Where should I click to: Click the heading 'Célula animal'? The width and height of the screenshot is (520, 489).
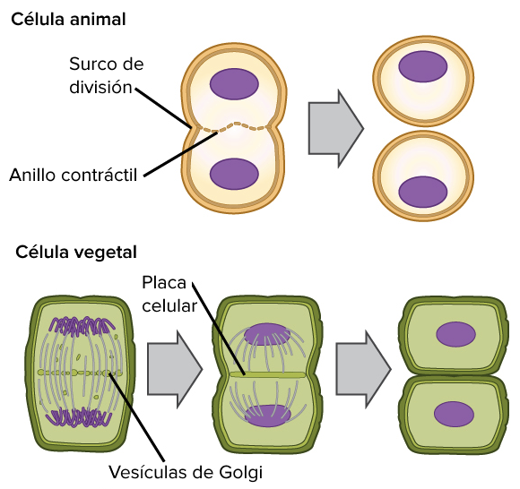pyautogui.click(x=68, y=19)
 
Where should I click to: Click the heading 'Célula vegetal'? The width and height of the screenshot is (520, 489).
pyautogui.click(x=76, y=253)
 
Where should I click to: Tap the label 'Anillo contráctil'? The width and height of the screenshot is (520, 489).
pyautogui.click(x=73, y=175)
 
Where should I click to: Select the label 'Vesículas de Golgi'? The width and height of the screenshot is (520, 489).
pyautogui.click(x=186, y=472)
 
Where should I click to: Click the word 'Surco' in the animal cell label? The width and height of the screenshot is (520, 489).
pyautogui.click(x=89, y=64)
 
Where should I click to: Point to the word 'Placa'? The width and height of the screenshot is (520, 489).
pyautogui.click(x=164, y=283)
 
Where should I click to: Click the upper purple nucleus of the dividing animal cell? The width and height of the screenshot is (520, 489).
pyautogui.click(x=234, y=84)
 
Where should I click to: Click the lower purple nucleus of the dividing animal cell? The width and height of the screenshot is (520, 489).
pyautogui.click(x=234, y=174)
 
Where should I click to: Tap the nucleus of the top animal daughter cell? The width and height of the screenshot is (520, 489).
pyautogui.click(x=423, y=66)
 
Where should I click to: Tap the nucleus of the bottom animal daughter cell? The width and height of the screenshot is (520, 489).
pyautogui.click(x=423, y=192)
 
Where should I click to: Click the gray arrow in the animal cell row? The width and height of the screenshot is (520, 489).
pyautogui.click(x=336, y=129)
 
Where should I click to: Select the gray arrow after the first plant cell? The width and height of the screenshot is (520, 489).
pyautogui.click(x=175, y=369)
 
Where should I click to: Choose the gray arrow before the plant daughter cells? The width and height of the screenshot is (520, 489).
pyautogui.click(x=363, y=369)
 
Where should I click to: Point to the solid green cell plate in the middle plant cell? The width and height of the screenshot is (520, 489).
pyautogui.click(x=268, y=374)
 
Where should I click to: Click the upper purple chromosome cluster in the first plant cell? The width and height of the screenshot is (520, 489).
pyautogui.click(x=82, y=325)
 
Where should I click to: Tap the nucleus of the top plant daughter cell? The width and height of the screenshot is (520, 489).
pyautogui.click(x=455, y=334)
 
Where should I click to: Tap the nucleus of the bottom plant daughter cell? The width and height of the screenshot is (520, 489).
pyautogui.click(x=454, y=414)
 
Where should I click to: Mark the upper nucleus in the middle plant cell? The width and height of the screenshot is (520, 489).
pyautogui.click(x=267, y=335)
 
